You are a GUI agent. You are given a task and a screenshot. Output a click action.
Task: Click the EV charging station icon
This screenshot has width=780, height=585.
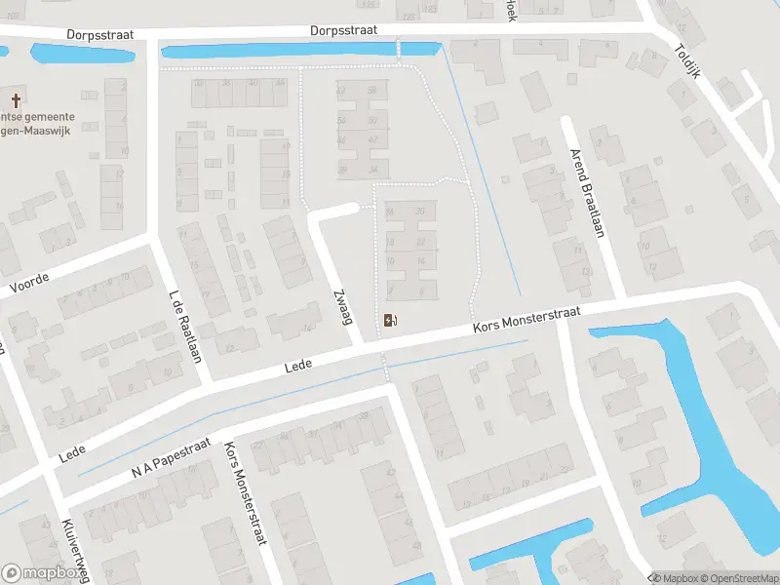coord(391,320)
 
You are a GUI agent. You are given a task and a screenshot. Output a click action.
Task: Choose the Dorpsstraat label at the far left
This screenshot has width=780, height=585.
coord(98,33)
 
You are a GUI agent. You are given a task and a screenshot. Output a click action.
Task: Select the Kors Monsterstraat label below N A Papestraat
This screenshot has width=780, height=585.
coord(245,495)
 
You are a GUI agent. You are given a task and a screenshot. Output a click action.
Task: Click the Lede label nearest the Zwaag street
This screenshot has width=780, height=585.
coord(297,367)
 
